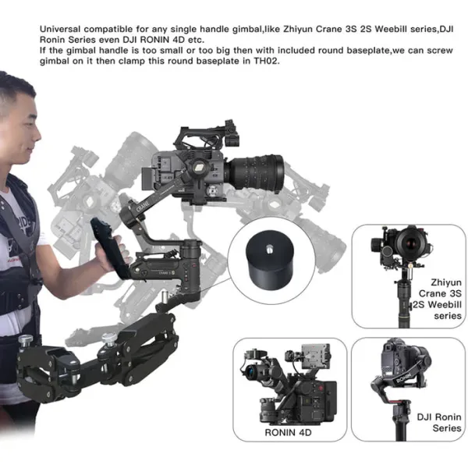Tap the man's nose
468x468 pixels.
point(38,135)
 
